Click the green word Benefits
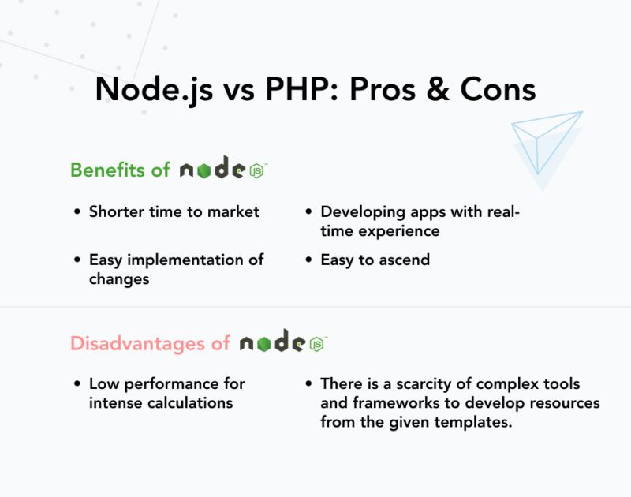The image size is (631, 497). click(103, 170)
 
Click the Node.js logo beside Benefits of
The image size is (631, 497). click(223, 169)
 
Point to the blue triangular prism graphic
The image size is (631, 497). click(545, 146)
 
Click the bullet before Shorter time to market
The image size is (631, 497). click(77, 212)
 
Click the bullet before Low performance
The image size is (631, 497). click(77, 384)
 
